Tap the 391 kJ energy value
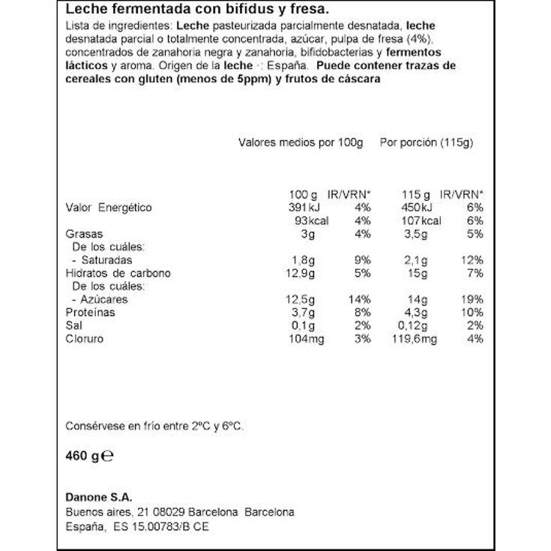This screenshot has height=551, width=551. pos(293,207)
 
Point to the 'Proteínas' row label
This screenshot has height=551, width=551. pos(90,313)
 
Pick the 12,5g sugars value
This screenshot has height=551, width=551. pos(293,300)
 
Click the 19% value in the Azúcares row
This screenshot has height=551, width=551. pos(473,300)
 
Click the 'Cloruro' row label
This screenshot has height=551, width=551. pos(85,339)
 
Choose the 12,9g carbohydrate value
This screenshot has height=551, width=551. pos(293,273)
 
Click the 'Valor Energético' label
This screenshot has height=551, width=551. pos(109,207)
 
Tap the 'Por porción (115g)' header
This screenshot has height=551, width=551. pos(427,142)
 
